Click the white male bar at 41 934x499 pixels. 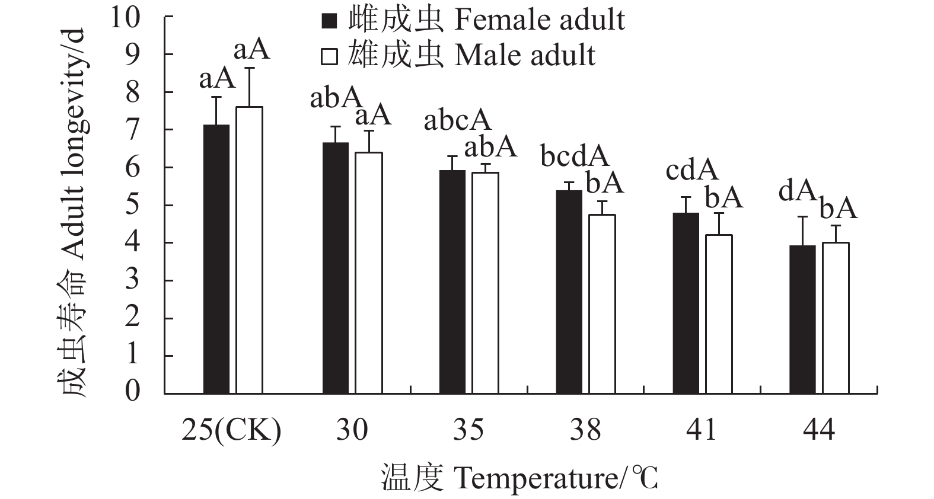(719, 314)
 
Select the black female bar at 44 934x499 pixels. (803, 319)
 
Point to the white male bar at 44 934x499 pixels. (836, 318)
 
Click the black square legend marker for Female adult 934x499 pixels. (329, 21)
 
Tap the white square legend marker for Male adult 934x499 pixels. (329, 56)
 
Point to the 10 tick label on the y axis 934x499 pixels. (125, 17)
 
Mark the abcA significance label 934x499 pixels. (457, 121)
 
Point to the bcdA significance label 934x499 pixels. (574, 156)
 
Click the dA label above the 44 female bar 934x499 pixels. (795, 191)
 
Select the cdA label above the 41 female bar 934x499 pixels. (691, 171)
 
